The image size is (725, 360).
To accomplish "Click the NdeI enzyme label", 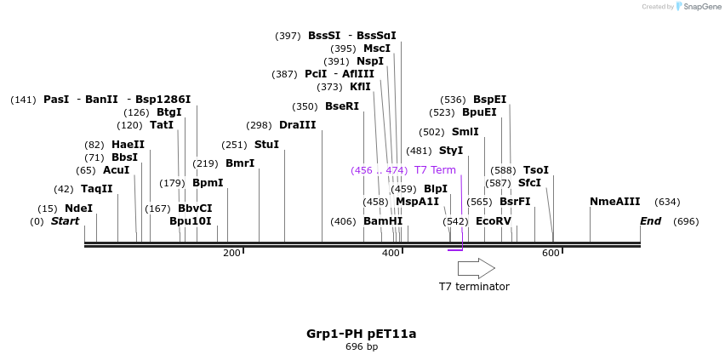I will point(78,209).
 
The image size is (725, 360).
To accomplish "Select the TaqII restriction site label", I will point(96,189).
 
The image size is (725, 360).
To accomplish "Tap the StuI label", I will point(266,145).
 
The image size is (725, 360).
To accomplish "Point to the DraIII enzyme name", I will point(297,125).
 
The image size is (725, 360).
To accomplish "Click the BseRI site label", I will point(342,106).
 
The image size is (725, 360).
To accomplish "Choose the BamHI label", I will point(383,221).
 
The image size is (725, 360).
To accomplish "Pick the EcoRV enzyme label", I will point(494,221).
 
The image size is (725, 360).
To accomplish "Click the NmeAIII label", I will point(614,202).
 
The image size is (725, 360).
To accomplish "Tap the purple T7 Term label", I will point(435,170).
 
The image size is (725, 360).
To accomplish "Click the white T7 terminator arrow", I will point(476,268).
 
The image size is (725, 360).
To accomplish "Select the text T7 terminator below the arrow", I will point(474,287).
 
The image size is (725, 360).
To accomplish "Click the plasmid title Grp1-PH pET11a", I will point(362,334).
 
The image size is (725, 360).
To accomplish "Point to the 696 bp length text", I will point(362,346).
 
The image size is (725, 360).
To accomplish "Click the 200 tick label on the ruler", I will point(231,253).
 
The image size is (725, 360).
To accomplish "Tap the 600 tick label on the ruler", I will point(551,253).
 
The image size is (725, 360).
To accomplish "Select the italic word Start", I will point(65,221).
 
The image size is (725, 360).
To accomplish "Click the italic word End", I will point(651,221).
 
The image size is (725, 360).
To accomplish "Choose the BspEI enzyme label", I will point(490,100).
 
